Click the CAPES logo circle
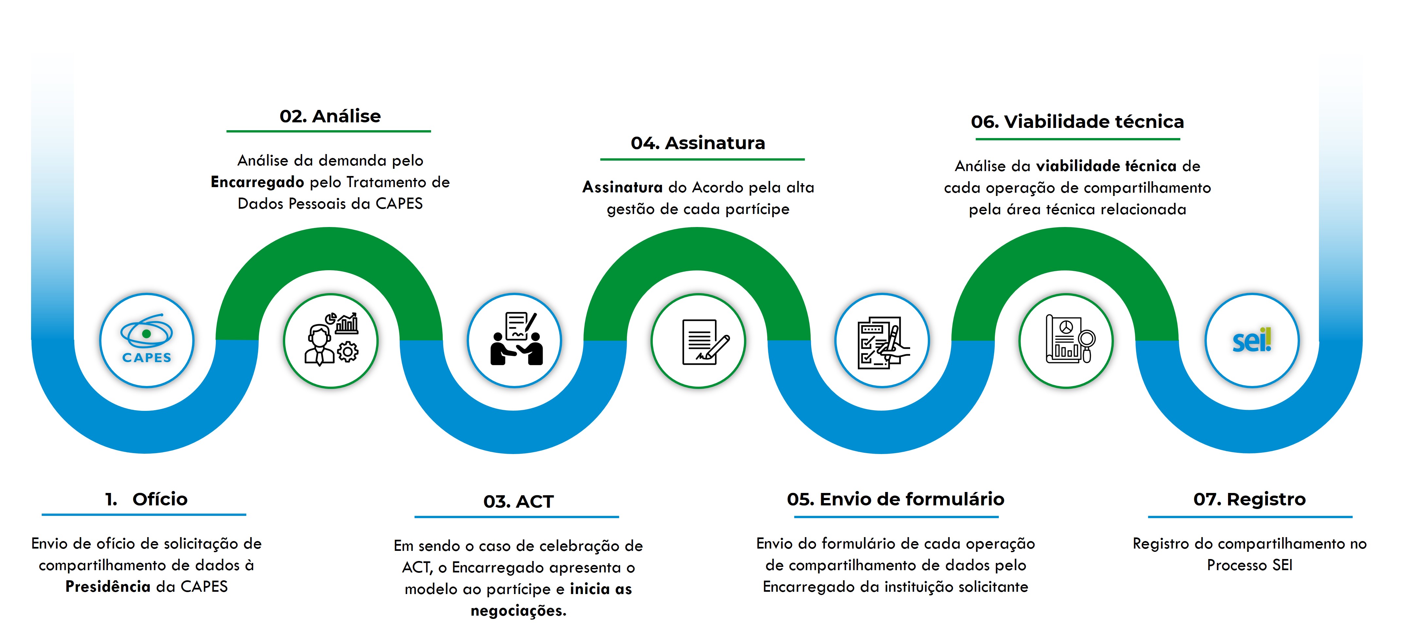147,340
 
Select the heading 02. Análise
330,116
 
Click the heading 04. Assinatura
698,143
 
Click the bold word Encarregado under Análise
257,182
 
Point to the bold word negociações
518,611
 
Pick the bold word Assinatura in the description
622,187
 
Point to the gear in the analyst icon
348,351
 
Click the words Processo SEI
1249,565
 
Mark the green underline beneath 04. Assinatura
702,159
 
